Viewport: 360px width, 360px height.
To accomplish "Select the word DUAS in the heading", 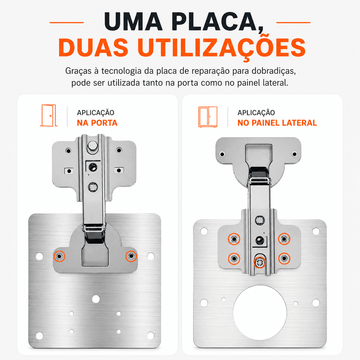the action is coord(93,47).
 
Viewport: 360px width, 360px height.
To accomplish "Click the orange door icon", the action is coord(49,115).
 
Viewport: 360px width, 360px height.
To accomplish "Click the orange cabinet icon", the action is coord(208,117).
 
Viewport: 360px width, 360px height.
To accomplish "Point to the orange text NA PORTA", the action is coord(97,123).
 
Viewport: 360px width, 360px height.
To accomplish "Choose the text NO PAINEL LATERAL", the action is coord(277,123).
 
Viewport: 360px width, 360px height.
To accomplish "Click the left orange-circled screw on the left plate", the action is coord(59,256).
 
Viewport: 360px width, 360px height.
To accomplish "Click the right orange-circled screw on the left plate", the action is coord(131,256).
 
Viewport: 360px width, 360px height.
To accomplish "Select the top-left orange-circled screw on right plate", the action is coord(234,239).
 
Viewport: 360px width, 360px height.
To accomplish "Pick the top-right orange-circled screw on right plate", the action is coord(284,239).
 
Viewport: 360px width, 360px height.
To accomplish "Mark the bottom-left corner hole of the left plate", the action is coord(39,336).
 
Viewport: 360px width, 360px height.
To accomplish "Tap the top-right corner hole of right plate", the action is coord(316,231).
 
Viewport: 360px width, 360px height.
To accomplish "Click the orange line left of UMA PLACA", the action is coord(66,22).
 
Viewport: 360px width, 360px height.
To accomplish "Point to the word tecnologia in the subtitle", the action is coord(121,71).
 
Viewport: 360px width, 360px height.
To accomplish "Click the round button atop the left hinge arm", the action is coord(93,145).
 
